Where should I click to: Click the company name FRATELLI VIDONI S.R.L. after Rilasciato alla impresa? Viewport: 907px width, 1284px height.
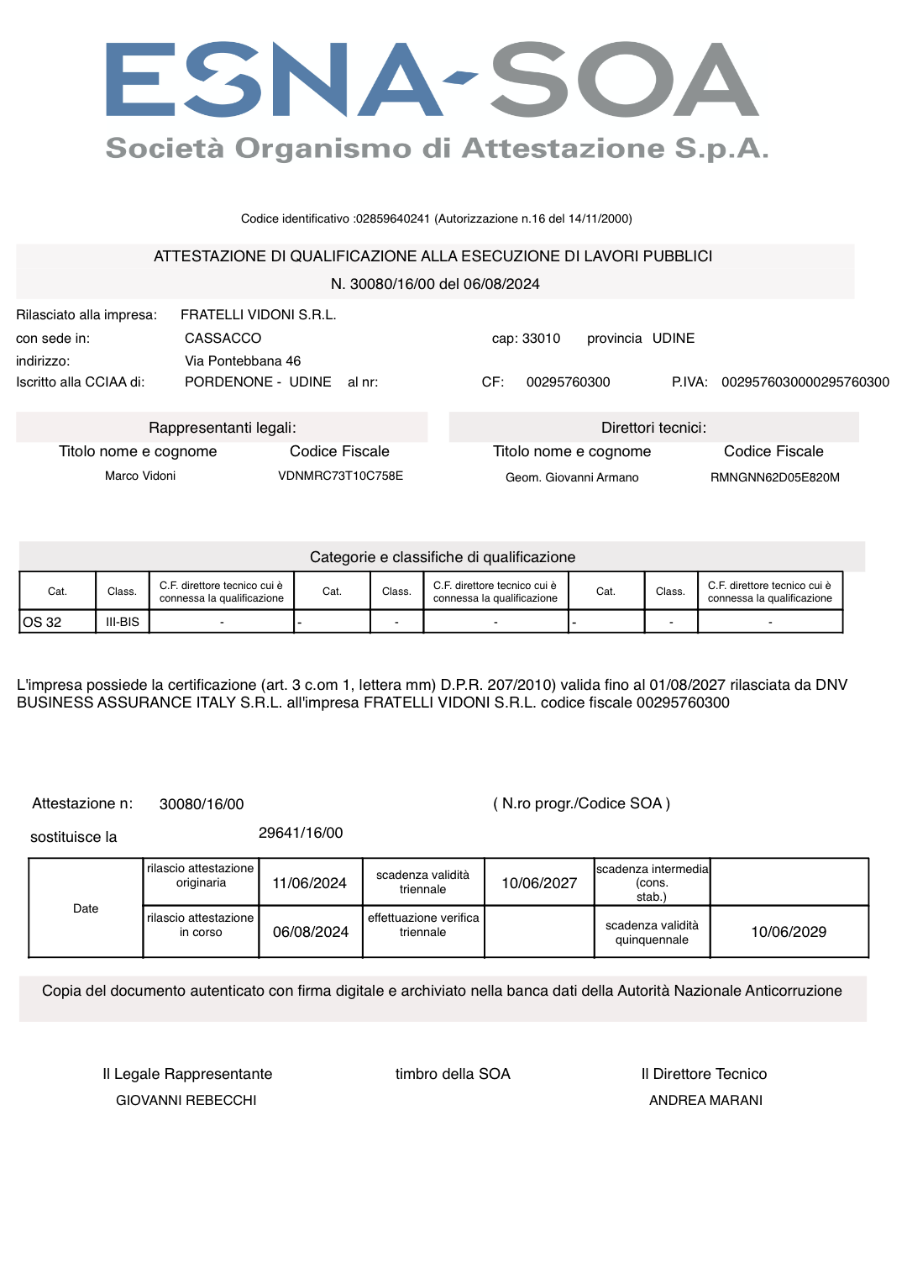tap(258, 315)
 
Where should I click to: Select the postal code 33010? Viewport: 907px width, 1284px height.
tap(541, 339)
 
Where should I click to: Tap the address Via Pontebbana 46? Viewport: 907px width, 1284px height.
tap(243, 361)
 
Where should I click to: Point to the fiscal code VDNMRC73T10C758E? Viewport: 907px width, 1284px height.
tap(340, 476)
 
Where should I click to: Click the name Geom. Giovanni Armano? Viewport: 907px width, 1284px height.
tap(571, 478)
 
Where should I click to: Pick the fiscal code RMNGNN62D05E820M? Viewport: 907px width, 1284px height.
tap(774, 478)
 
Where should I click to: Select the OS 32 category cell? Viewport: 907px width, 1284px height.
tap(43, 623)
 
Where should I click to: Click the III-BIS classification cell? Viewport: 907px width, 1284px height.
tap(123, 623)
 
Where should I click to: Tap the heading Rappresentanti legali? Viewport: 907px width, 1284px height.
tap(222, 428)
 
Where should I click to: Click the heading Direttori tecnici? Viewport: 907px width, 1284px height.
tap(653, 428)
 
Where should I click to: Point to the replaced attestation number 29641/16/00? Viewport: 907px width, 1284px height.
tap(301, 834)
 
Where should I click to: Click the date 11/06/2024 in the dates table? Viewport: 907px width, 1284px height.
tap(309, 884)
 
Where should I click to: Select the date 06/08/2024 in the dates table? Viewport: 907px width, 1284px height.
tap(310, 933)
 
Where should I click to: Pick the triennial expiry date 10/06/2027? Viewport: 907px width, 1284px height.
tap(539, 884)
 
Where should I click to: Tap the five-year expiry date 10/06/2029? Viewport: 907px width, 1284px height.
tap(789, 933)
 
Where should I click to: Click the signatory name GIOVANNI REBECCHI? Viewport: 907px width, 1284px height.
tap(186, 1101)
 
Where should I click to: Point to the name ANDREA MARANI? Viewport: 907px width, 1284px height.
tap(705, 1101)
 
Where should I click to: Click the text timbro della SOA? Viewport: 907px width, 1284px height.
tap(453, 1075)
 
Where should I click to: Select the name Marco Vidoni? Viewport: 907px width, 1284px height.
tap(140, 476)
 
